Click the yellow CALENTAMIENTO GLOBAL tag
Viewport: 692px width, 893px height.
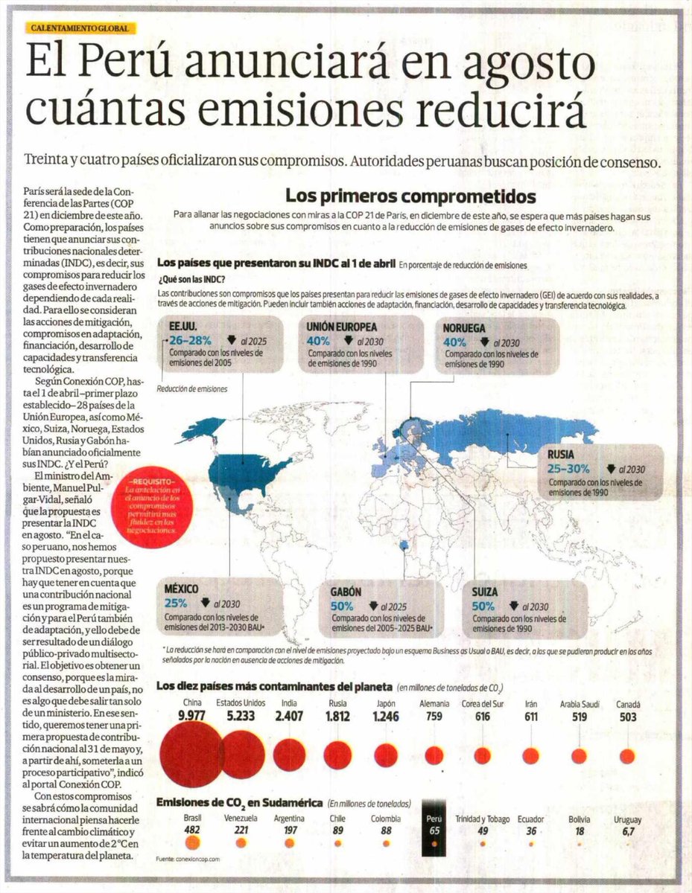(80, 28)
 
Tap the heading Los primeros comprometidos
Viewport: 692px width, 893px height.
(410, 196)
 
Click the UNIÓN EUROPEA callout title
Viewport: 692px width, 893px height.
(342, 327)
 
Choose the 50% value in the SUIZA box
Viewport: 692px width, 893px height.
(483, 606)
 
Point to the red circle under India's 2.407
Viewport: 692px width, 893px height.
(289, 755)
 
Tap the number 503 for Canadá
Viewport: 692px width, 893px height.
(627, 717)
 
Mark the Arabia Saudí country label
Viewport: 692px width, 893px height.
(579, 704)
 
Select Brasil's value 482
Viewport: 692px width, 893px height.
(193, 829)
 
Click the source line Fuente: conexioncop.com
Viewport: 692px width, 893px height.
(188, 859)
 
